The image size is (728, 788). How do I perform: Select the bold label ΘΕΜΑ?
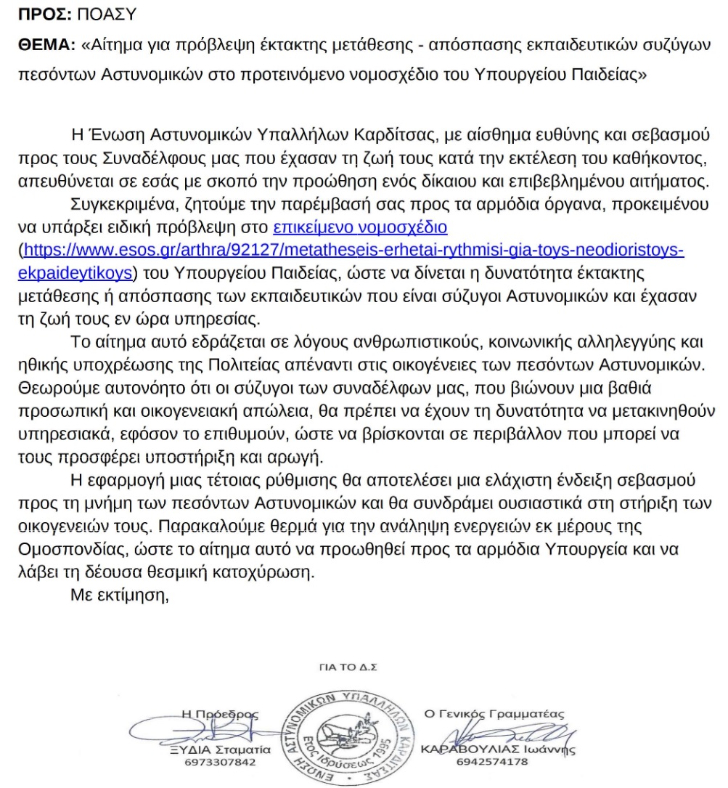click(41, 45)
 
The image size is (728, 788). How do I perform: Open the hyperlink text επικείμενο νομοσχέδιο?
click(360, 228)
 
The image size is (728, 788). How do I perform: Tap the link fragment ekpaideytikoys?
click(74, 274)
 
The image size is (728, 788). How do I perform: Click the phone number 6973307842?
click(216, 763)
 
